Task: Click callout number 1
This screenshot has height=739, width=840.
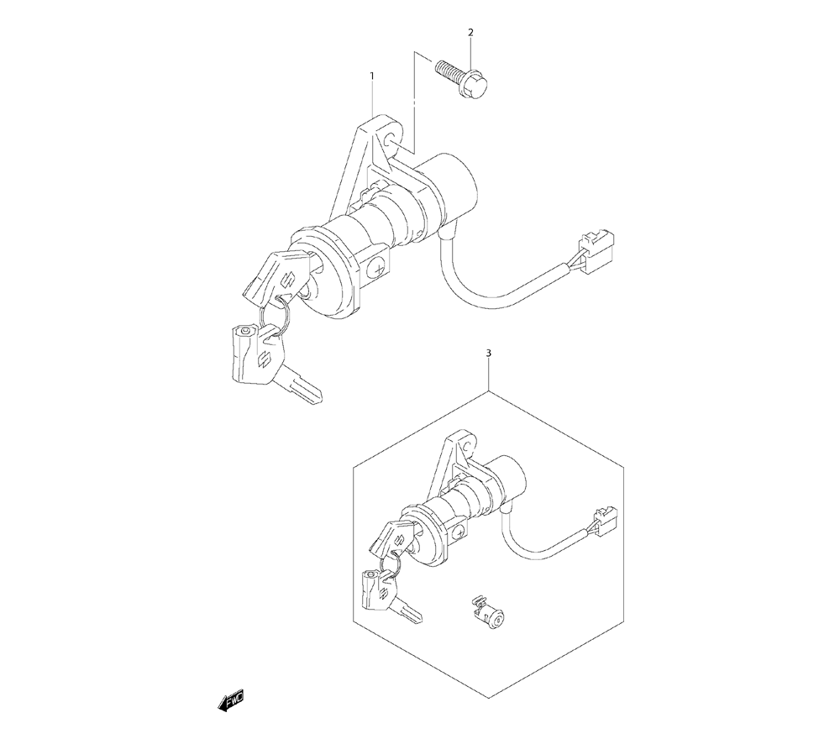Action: tap(372, 76)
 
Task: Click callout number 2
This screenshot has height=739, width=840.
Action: tap(471, 32)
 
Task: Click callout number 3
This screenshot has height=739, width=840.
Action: tap(488, 354)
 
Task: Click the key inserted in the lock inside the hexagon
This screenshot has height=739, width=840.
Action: tap(391, 538)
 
